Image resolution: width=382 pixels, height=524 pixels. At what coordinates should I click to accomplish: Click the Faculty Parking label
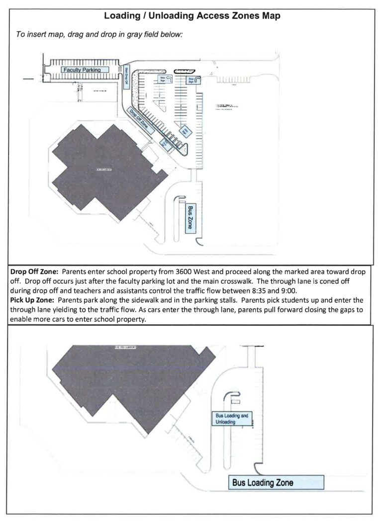pyautogui.click(x=82, y=70)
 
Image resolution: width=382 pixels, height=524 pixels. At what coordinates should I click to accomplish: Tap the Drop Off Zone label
pyautogui.click(x=138, y=118)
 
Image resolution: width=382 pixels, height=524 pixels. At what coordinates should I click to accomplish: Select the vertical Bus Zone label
pyautogui.click(x=190, y=218)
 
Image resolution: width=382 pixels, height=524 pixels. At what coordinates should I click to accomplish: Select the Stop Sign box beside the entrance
pyautogui.click(x=192, y=80)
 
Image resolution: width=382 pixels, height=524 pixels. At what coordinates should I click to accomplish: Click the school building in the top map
pyautogui.click(x=99, y=169)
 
